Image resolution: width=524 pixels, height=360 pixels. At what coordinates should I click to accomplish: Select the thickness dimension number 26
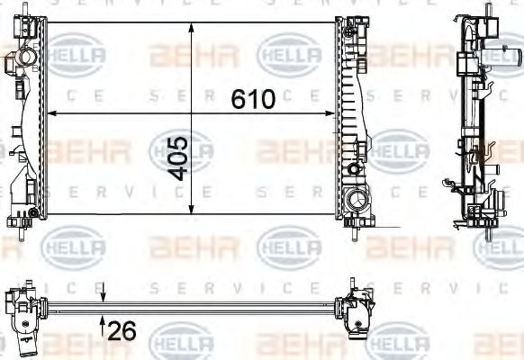pos(122,332)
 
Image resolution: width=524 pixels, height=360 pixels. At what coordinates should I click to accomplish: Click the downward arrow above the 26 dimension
pos(104,297)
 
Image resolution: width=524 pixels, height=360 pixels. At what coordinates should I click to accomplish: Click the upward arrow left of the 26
pos(104,321)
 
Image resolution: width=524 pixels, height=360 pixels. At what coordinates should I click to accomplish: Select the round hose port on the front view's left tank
pos(23,60)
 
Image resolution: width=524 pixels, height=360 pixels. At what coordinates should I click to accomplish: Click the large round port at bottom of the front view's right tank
pos(356,199)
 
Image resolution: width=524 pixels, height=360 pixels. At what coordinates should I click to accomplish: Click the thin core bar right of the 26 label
pos(225,306)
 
